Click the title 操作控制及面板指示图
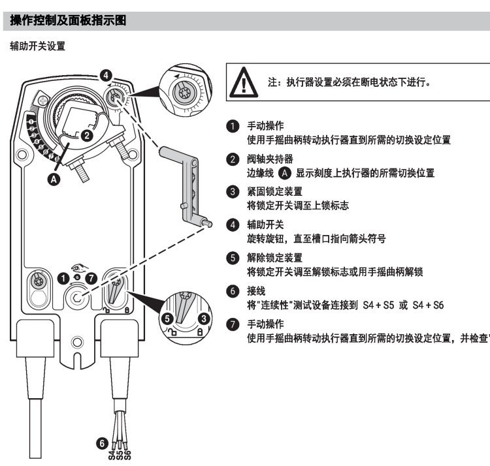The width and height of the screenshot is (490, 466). pos(67,21)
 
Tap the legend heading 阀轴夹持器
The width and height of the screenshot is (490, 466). pos(270,159)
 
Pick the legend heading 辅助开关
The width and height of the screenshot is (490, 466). pos(265,225)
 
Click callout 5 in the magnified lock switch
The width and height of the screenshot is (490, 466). pos(167,318)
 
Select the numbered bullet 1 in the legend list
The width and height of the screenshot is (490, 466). pos(232,126)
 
